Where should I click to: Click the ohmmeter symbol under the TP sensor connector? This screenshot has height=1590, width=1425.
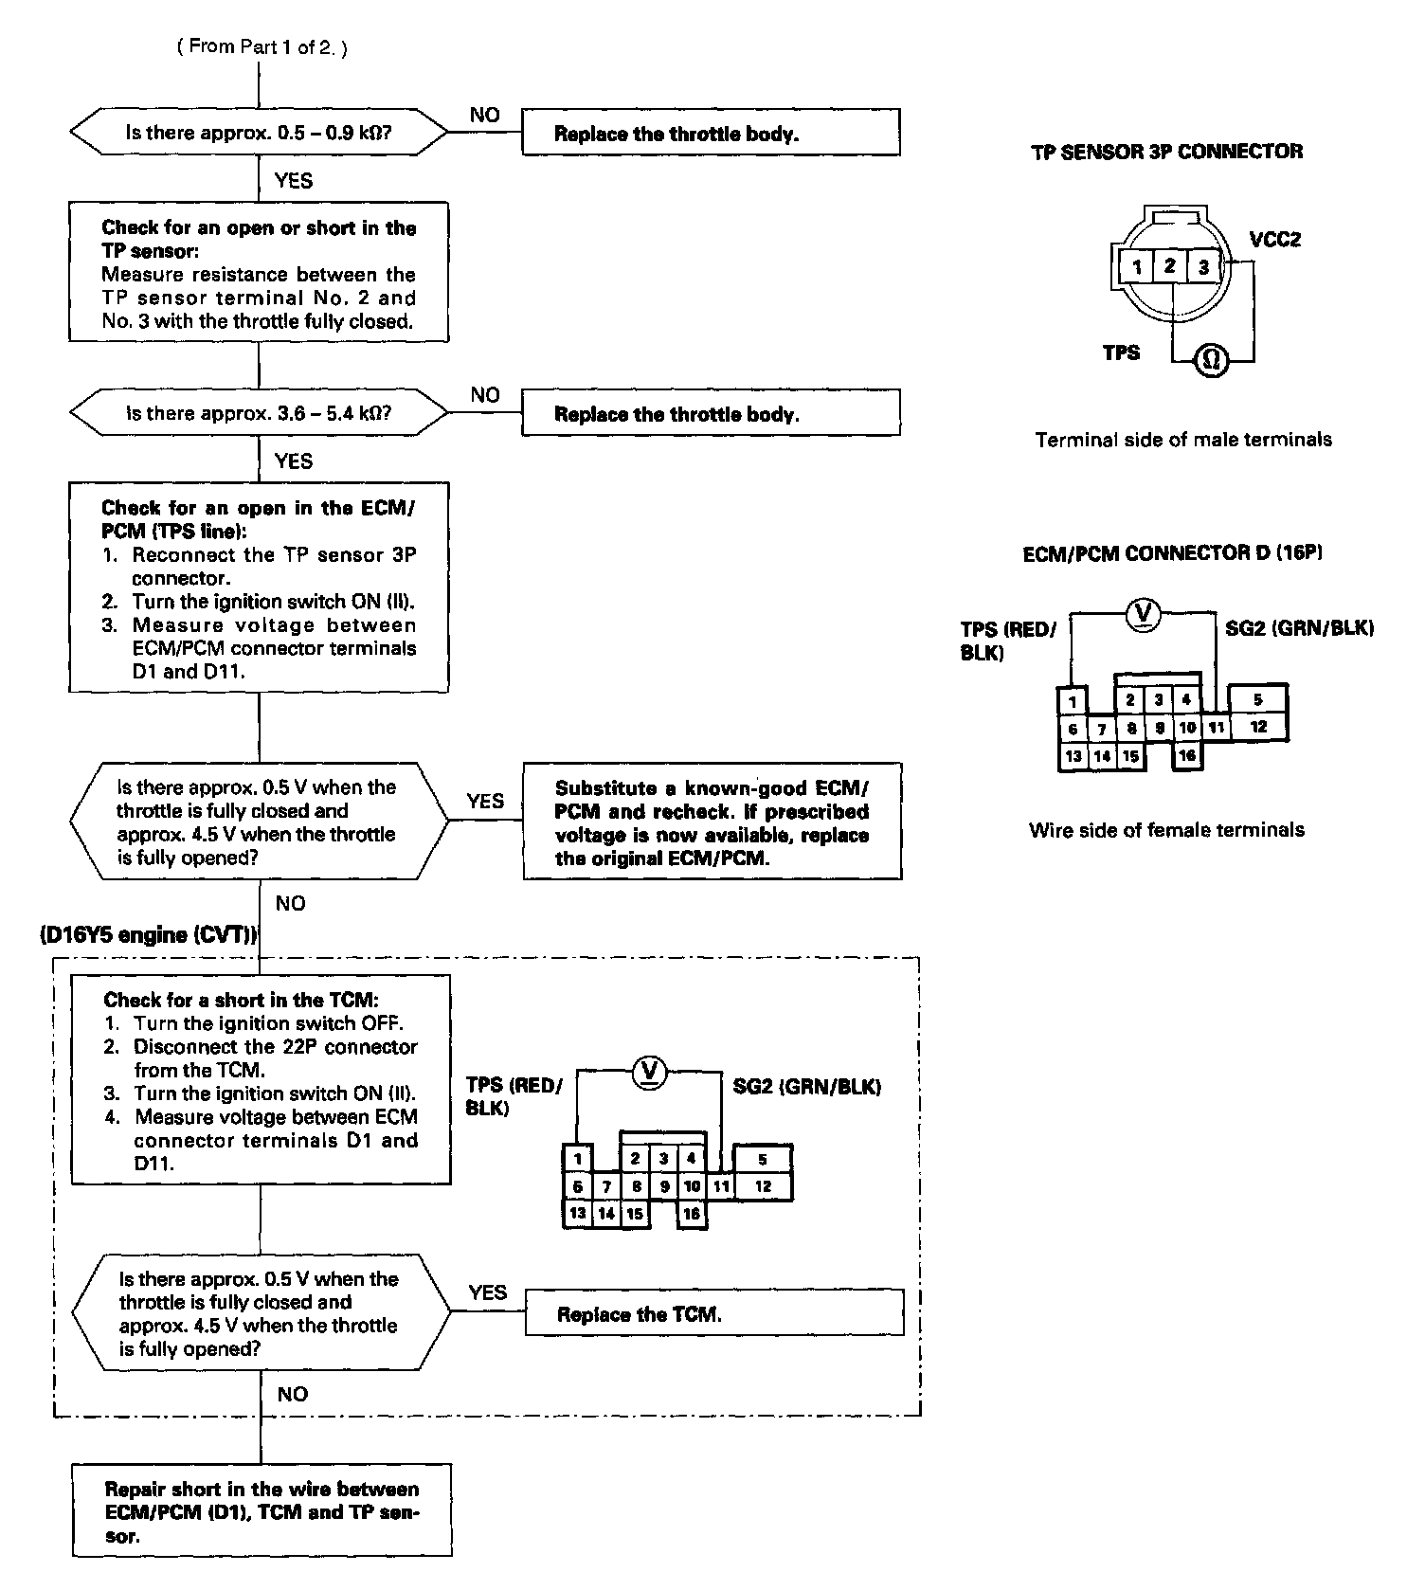click(1211, 361)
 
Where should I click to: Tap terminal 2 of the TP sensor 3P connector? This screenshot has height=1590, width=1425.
click(1170, 266)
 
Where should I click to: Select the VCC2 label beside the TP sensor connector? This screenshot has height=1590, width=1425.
click(1274, 239)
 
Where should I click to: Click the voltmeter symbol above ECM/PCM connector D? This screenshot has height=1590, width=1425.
click(1143, 615)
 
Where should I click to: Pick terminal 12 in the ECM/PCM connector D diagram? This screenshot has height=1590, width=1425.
click(1257, 727)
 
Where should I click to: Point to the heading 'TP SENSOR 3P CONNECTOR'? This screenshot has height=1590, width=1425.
click(1166, 152)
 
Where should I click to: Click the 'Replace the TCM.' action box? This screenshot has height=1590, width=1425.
click(713, 1313)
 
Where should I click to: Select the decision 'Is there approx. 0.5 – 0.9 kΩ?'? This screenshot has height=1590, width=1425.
click(259, 133)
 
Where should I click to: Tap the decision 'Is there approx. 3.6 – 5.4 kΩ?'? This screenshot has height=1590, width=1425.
click(259, 413)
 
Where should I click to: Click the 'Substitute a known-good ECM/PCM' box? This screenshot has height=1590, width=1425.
click(712, 822)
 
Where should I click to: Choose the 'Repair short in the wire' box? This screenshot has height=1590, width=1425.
click(262, 1510)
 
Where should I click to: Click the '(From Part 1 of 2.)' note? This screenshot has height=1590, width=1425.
click(262, 46)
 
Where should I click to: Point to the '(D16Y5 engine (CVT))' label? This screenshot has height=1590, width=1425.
click(148, 934)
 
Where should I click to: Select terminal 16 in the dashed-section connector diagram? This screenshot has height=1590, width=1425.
click(692, 1214)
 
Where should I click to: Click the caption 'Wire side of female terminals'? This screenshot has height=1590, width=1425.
click(1166, 830)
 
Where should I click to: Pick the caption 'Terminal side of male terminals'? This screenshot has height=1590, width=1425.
click(1183, 440)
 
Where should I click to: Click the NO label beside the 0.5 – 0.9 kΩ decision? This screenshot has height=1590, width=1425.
click(484, 115)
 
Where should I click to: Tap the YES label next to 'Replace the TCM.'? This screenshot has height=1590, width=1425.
click(487, 1292)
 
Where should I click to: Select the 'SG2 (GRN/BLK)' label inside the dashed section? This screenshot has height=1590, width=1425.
click(806, 1087)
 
